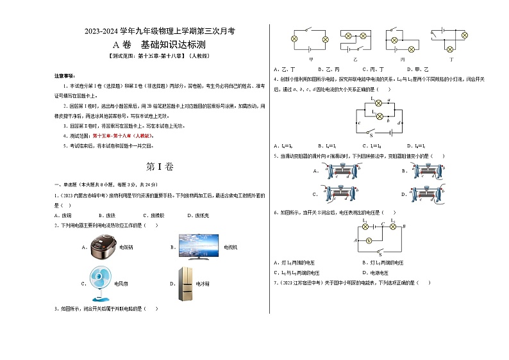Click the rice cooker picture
pos(104,245)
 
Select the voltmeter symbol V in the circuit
pos(368,240)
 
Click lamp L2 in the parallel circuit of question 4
pos(378,116)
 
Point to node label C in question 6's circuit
pos(383,225)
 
